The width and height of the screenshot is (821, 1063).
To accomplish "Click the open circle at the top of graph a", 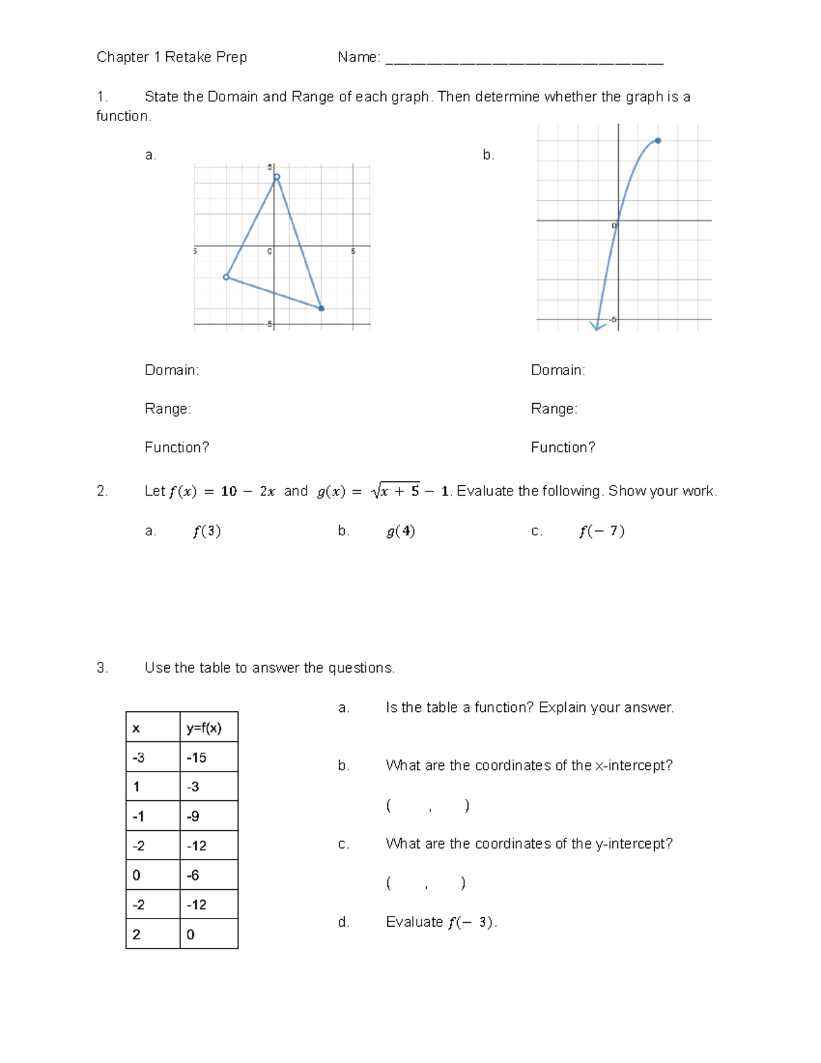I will tap(277, 177).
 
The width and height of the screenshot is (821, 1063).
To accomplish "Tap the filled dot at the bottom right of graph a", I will tap(322, 309).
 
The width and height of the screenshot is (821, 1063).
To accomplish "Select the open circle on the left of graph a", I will tap(226, 277).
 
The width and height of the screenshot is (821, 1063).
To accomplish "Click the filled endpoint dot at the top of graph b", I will tap(658, 141).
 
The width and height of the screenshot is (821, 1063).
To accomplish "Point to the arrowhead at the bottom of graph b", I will tap(597, 327).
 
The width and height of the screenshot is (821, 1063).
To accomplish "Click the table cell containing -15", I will tap(209, 758).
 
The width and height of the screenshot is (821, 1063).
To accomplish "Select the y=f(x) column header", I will tap(209, 728).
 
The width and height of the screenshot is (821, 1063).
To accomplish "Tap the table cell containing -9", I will tap(209, 816).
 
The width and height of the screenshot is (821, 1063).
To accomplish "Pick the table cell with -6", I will tap(209, 875).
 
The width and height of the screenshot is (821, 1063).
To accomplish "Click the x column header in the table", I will tap(153, 728).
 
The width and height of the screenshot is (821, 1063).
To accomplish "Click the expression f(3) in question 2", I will tap(207, 531).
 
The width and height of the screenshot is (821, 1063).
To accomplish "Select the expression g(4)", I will tap(401, 531).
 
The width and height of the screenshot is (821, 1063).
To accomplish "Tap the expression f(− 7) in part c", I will tap(601, 531).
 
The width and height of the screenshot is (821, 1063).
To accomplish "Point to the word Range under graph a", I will tap(166, 409).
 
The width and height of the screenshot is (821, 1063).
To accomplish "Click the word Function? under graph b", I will tap(563, 448).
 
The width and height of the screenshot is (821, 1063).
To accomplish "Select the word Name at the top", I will tap(357, 57).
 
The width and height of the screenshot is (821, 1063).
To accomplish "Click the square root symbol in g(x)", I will tap(376, 491).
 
